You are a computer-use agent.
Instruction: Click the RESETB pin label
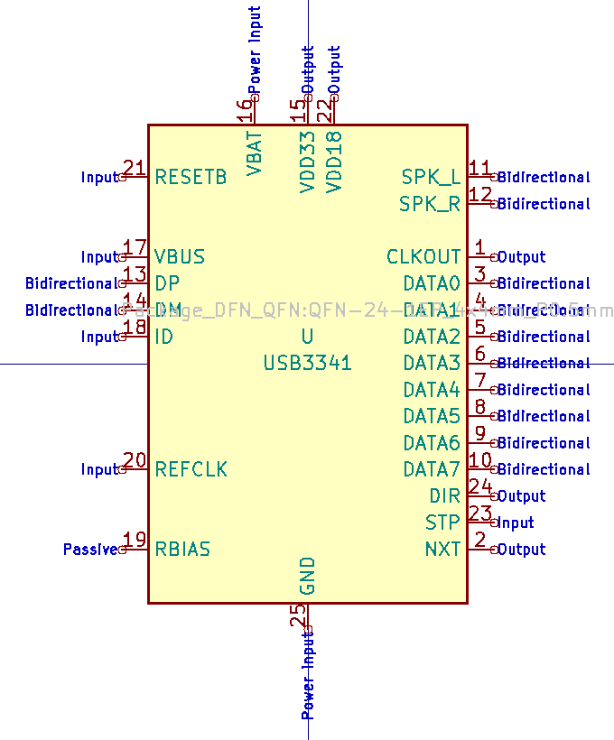click(x=191, y=177)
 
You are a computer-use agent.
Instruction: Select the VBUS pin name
click(x=180, y=257)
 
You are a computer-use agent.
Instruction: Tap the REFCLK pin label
click(x=191, y=469)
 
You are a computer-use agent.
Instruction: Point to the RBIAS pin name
click(x=182, y=550)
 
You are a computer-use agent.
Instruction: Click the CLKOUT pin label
click(x=423, y=257)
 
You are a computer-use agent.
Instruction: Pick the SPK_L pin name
click(x=431, y=177)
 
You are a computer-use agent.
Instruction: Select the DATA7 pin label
click(x=432, y=469)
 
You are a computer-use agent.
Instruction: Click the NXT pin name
click(x=442, y=550)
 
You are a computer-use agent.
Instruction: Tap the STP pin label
click(x=442, y=523)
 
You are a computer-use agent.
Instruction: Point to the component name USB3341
click(x=307, y=364)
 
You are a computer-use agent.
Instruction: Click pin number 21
click(x=135, y=168)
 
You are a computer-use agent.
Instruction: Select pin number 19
click(x=135, y=541)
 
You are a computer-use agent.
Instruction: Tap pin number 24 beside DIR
click(x=480, y=487)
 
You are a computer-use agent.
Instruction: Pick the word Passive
click(x=90, y=550)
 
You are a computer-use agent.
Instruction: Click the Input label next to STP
click(x=516, y=523)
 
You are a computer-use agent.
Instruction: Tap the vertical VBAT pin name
click(x=255, y=153)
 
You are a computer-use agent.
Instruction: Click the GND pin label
click(x=307, y=577)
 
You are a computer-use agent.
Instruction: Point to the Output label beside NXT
click(x=521, y=550)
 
